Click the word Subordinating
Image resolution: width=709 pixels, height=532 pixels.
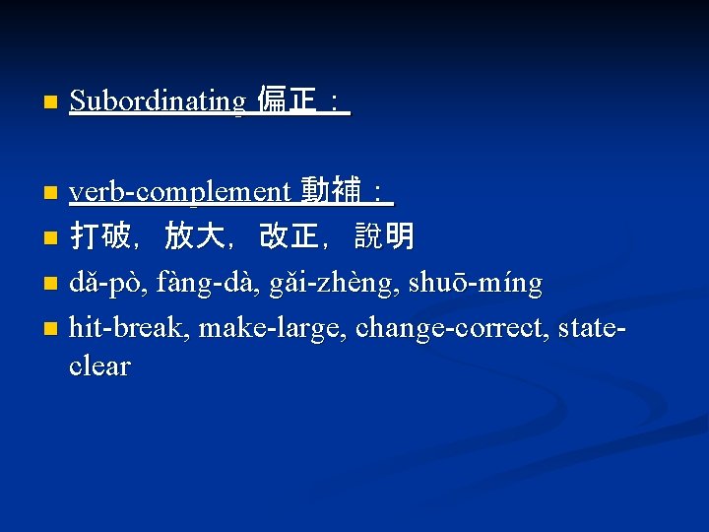pyautogui.click(x=158, y=101)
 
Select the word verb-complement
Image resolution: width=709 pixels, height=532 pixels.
pyautogui.click(x=180, y=192)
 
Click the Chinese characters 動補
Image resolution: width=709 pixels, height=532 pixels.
pyautogui.click(x=330, y=191)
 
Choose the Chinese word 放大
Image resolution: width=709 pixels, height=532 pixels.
pyautogui.click(x=194, y=237)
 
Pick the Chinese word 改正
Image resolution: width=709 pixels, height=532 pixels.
pyautogui.click(x=289, y=237)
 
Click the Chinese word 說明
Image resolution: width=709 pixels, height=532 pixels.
pyautogui.click(x=384, y=237)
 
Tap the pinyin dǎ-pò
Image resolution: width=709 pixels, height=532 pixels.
pyautogui.click(x=107, y=284)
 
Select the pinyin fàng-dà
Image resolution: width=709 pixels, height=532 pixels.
pyautogui.click(x=200, y=284)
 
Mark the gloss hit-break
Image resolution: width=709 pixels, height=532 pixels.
pyautogui.click(x=129, y=326)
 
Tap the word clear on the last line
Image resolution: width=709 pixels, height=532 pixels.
pyautogui.click(x=99, y=366)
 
